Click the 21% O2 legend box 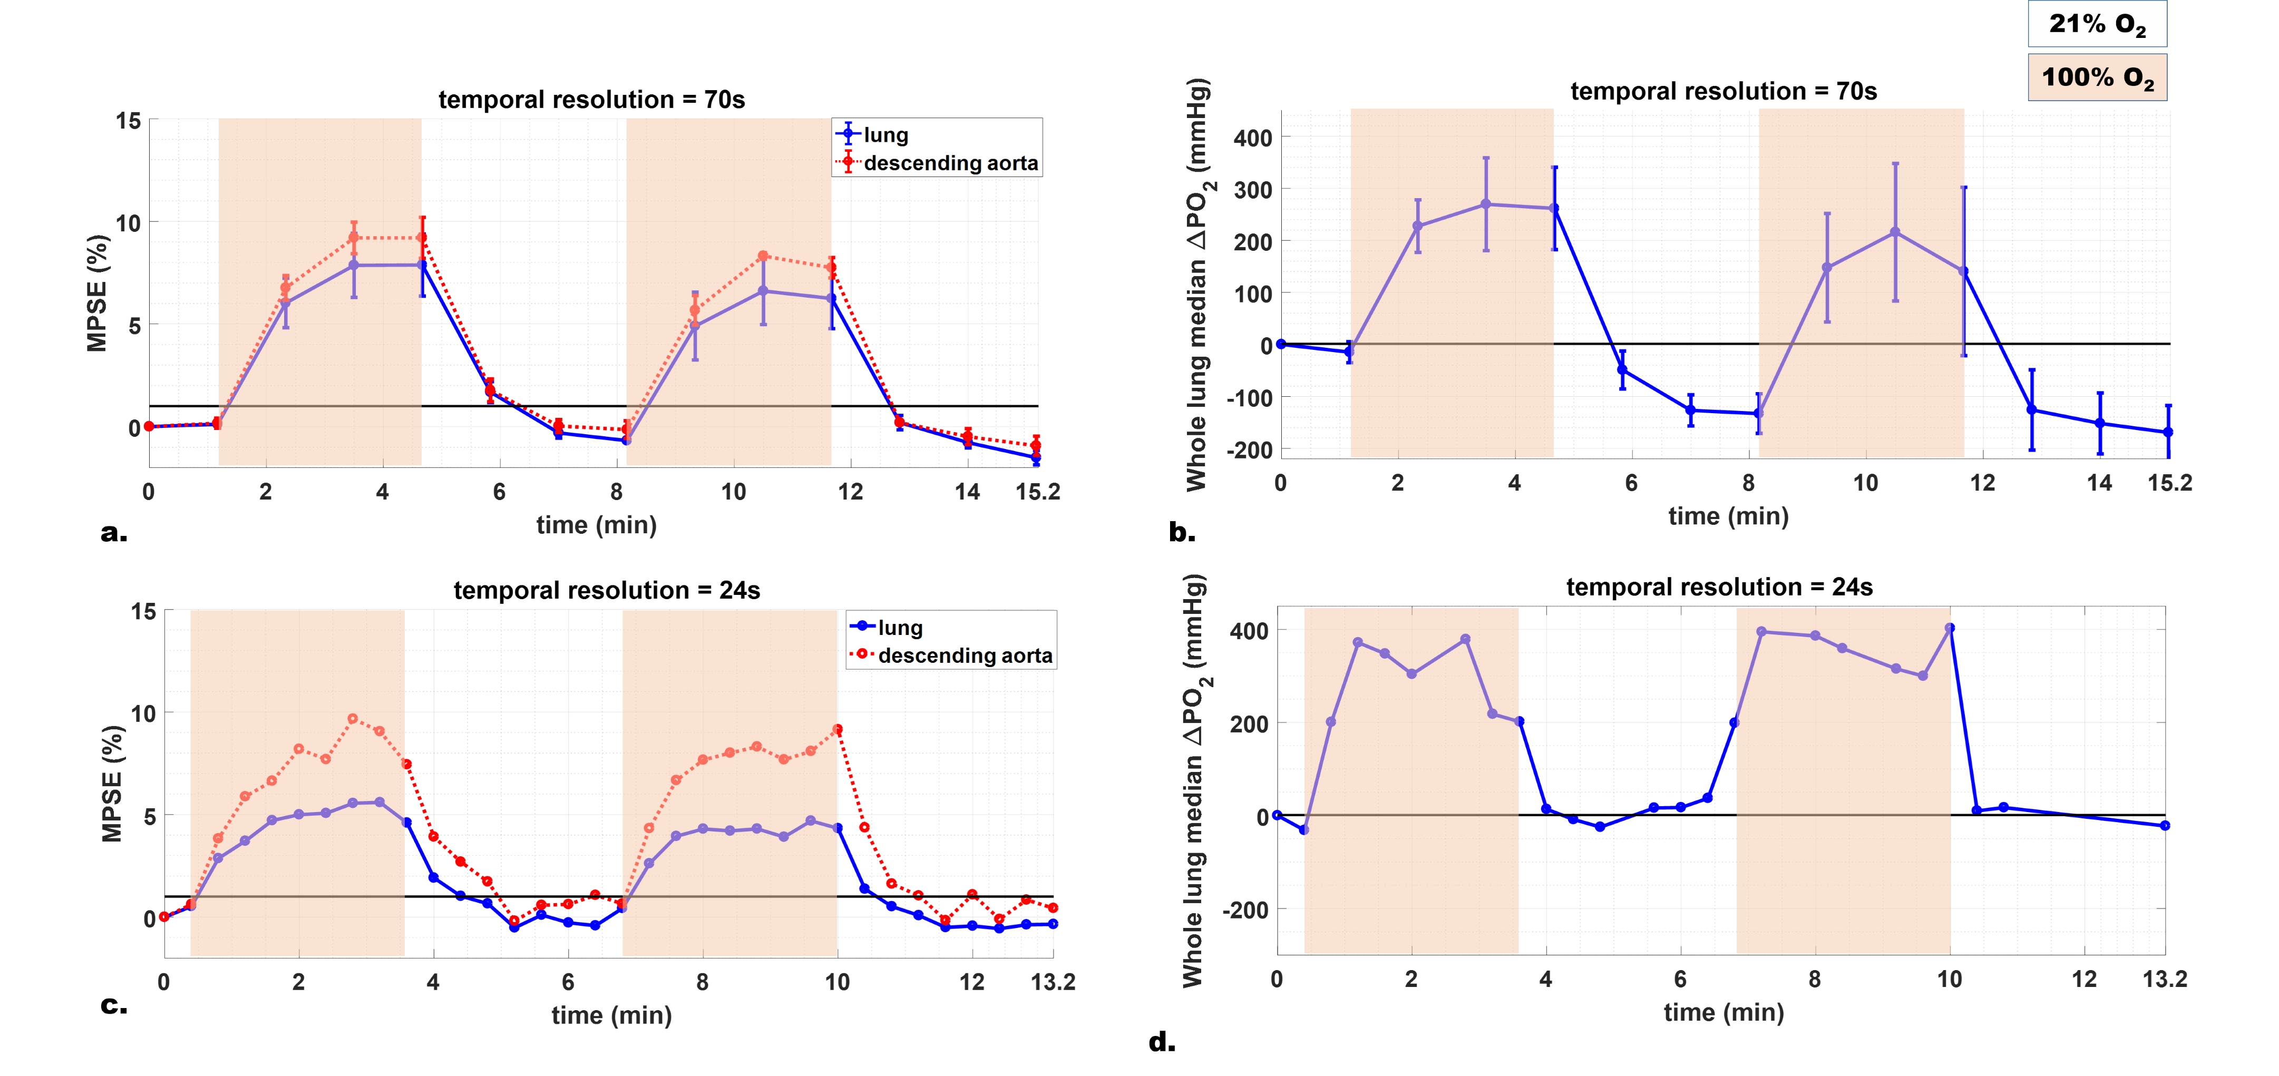2097,24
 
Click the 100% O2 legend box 2097,77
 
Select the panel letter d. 1162,1042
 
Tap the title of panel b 1722,91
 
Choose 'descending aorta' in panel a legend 950,163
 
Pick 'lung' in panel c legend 900,627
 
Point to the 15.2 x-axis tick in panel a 1037,492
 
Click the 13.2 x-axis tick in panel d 2164,979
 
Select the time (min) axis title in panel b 1728,516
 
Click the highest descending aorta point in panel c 352,719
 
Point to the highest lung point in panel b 1486,204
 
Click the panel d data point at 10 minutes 1950,628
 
